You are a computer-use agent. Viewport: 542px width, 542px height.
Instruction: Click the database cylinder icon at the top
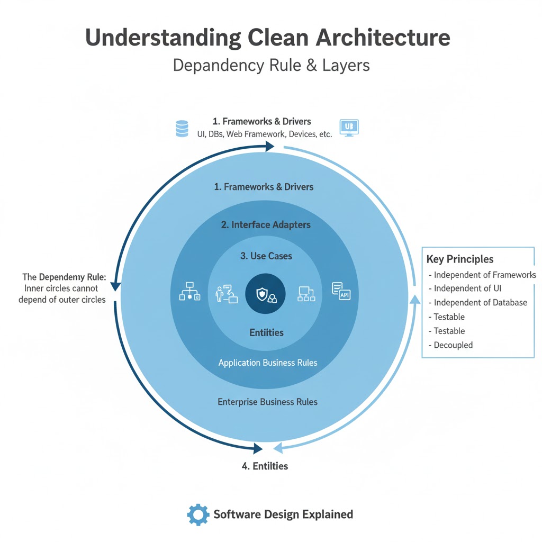click(x=182, y=129)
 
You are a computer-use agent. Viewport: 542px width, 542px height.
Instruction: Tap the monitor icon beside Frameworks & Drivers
click(x=348, y=128)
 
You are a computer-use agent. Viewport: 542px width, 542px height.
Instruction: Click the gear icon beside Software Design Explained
click(x=198, y=514)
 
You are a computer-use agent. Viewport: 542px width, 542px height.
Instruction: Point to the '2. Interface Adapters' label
click(x=266, y=224)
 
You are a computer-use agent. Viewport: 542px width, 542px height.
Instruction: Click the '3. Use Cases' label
click(x=266, y=256)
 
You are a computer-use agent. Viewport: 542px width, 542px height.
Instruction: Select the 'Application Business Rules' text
click(x=268, y=363)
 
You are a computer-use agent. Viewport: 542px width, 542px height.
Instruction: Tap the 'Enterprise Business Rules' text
click(x=268, y=402)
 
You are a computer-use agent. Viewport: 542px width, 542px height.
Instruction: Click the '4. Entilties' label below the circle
click(x=265, y=466)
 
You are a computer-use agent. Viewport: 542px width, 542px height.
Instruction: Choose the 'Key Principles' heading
click(x=460, y=259)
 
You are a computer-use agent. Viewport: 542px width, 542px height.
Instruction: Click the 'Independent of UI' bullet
click(x=467, y=288)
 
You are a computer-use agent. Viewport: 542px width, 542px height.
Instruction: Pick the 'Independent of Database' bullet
click(x=480, y=303)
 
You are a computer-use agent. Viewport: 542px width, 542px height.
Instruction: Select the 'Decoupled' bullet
click(x=453, y=345)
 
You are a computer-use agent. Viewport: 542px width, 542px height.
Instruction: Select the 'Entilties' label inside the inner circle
click(x=267, y=332)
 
